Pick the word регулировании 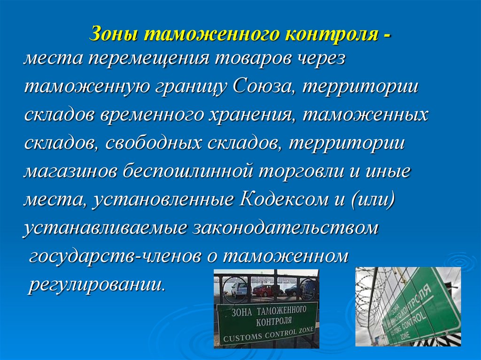(96, 284)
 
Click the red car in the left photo (268, 291)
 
